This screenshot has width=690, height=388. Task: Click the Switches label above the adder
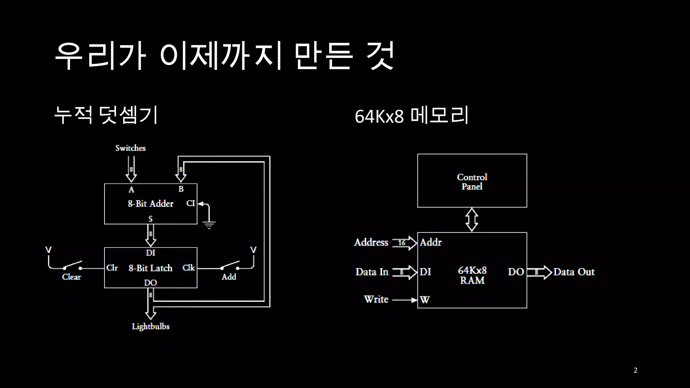130,148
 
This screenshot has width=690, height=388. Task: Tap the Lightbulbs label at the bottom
151,326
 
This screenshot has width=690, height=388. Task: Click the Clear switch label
71,277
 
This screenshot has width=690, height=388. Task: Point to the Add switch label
229,277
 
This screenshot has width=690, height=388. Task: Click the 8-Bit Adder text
151,203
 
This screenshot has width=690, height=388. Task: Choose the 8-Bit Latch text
150,268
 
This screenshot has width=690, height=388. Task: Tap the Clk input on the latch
188,268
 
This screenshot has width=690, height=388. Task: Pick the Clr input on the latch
112,268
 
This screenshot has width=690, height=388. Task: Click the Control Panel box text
472,182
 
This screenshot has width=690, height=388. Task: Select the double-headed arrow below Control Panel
472,220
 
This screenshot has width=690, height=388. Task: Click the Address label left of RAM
371,243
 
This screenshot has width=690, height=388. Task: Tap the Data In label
372,272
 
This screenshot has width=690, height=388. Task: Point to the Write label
376,299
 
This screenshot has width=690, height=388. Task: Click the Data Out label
574,272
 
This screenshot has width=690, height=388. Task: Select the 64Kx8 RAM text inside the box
472,275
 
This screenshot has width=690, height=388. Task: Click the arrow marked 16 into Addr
405,243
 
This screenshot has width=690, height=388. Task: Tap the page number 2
635,370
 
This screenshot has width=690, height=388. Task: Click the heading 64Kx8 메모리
411,116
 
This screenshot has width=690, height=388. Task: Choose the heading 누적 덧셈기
106,115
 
